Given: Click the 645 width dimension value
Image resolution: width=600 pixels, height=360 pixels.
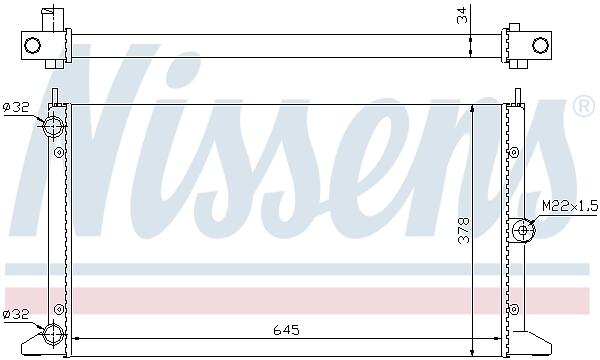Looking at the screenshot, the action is (286, 330).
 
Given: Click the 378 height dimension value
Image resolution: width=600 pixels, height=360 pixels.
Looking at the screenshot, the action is (464, 231).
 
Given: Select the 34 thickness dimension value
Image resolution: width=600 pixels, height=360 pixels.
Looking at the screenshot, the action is (462, 15).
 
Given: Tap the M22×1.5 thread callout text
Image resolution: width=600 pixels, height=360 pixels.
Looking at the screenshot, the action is (570, 207).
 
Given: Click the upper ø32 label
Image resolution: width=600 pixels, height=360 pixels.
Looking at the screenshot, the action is (16, 108).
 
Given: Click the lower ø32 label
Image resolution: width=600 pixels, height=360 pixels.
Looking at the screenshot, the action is (16, 314).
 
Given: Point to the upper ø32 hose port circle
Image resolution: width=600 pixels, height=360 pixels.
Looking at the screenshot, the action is (53, 126).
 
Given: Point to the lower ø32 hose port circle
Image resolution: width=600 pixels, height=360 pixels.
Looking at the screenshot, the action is (53, 334).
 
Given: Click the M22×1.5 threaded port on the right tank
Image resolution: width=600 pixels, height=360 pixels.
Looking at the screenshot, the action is (523, 230).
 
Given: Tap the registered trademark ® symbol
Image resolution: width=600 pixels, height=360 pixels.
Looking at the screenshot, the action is (584, 107).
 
